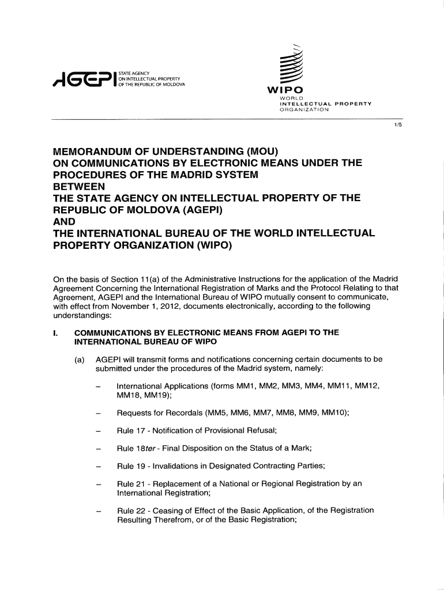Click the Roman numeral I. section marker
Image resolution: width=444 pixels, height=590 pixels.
[x=55, y=332]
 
